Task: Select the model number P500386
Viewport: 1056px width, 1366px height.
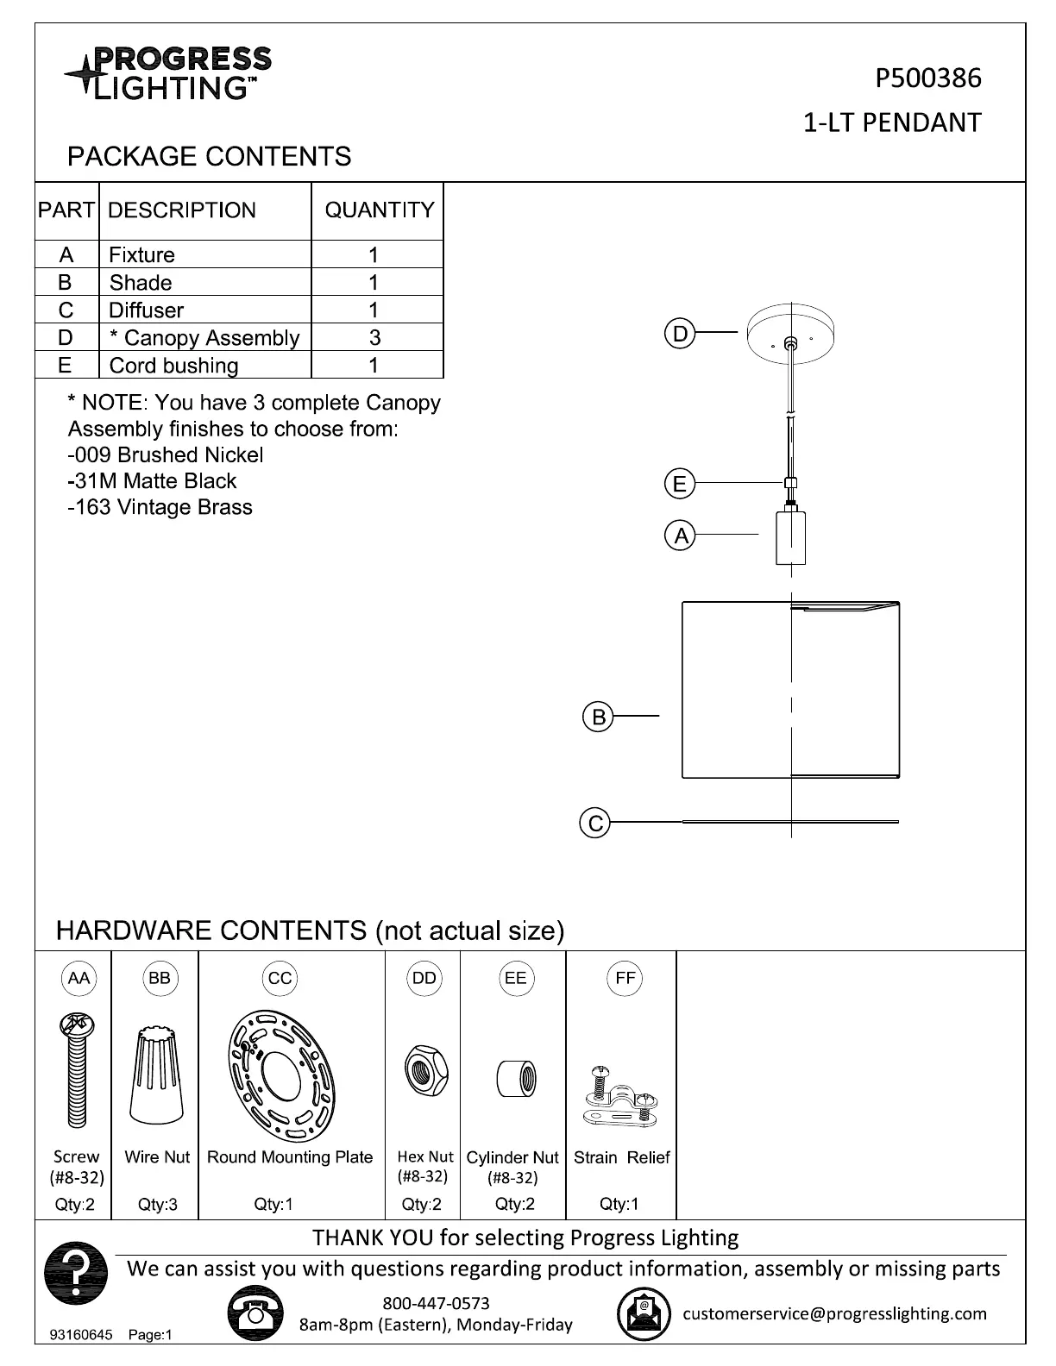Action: point(927,78)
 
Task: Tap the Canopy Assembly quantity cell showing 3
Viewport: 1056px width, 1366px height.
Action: point(374,337)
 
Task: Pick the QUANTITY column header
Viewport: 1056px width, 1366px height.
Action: point(379,210)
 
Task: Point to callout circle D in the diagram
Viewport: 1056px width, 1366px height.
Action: point(680,334)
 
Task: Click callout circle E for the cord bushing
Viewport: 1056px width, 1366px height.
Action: point(680,484)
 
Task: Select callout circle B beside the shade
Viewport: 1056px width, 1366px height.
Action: point(597,717)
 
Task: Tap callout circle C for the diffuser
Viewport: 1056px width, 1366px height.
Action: point(595,823)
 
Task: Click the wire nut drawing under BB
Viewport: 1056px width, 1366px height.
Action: point(157,1074)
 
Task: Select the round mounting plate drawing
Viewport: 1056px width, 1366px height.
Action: point(280,1074)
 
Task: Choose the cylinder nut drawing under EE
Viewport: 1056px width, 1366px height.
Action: point(516,1078)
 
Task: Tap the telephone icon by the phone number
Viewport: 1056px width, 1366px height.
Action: point(255,1313)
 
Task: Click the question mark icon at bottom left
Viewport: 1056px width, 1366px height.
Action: point(76,1273)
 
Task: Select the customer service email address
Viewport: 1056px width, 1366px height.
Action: point(834,1313)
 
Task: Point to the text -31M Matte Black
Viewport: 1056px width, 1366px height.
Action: point(152,481)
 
